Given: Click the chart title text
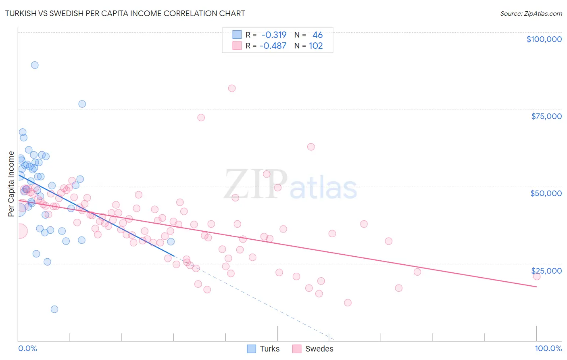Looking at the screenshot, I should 125,13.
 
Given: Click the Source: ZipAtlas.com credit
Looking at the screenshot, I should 531,13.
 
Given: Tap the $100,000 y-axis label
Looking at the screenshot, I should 544,39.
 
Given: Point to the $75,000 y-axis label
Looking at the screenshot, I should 546,116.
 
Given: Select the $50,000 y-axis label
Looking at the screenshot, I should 546,193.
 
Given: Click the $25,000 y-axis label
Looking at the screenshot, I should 546,271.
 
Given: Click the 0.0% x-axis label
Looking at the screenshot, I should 27,348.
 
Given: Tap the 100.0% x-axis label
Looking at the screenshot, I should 548,348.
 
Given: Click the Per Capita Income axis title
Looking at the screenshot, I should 11,184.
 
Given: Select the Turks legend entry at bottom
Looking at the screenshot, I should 269,349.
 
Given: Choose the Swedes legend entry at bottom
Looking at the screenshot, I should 319,349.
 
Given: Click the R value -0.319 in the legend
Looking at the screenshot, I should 274,35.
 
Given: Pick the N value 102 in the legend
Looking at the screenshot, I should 316,46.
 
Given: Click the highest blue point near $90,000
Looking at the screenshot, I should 35,65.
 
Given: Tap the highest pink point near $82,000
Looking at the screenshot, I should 232,88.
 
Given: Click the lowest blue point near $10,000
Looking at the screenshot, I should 54,309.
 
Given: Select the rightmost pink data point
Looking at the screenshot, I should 536,276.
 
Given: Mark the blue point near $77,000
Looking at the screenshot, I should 82,104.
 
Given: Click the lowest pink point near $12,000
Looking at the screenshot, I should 348,303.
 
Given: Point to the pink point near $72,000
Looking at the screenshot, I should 201,117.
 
